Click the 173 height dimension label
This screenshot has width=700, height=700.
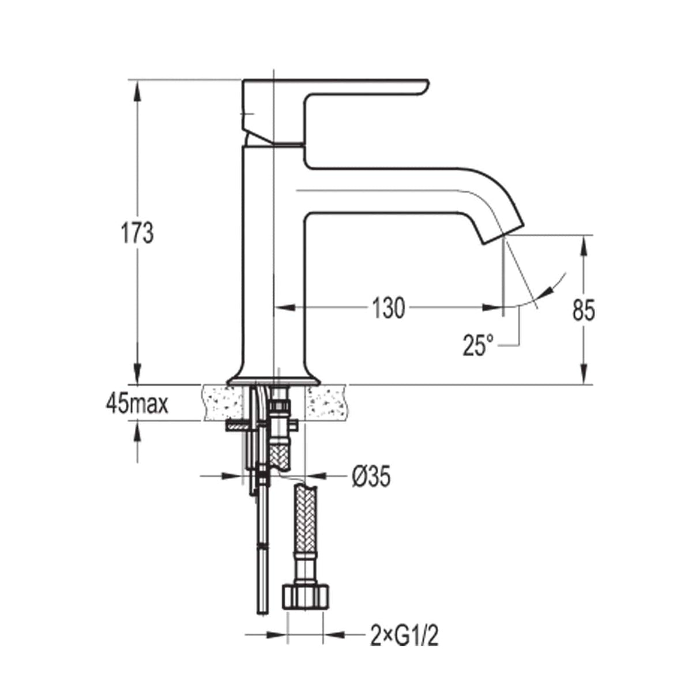[137, 233]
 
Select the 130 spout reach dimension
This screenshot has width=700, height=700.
[387, 308]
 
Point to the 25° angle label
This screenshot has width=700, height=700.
[478, 345]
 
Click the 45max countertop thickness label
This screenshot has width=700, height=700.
[137, 404]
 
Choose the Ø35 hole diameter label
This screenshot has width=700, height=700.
[371, 476]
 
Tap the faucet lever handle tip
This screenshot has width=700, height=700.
[424, 85]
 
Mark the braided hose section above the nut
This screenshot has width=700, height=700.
[305, 530]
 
